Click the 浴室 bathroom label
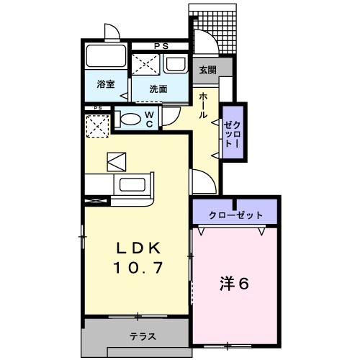click(106, 84)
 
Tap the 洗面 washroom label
click(158, 89)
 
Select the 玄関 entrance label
click(207, 70)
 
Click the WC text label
click(148, 119)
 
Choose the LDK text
click(141, 249)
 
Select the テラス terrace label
click(144, 337)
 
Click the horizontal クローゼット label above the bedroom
click(235, 215)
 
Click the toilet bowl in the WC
click(130, 120)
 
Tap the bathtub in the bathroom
click(107, 57)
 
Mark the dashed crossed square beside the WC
click(97, 126)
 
